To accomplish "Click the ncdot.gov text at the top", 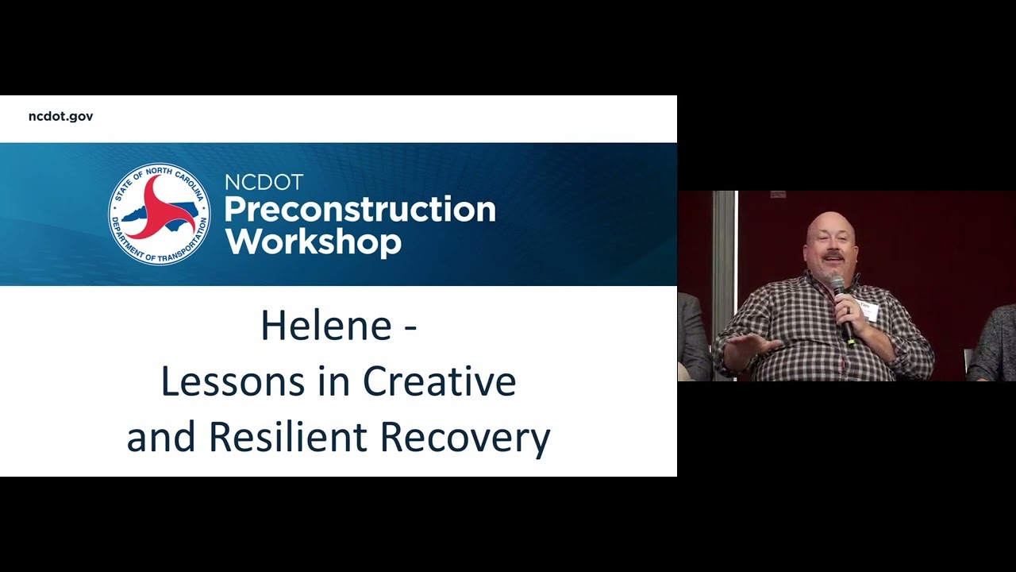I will click(x=60, y=116).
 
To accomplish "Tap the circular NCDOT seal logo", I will click(x=160, y=214).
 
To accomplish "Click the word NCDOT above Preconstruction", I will click(x=264, y=183).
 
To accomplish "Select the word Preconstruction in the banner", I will click(x=360, y=210).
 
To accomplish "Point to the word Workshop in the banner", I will click(x=313, y=241).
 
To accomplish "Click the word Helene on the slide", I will click(x=325, y=326).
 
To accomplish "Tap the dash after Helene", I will click(x=410, y=327).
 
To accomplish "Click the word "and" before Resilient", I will click(x=161, y=438).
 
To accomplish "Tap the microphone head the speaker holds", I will click(x=837, y=283).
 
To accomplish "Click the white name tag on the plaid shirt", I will click(x=869, y=311).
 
